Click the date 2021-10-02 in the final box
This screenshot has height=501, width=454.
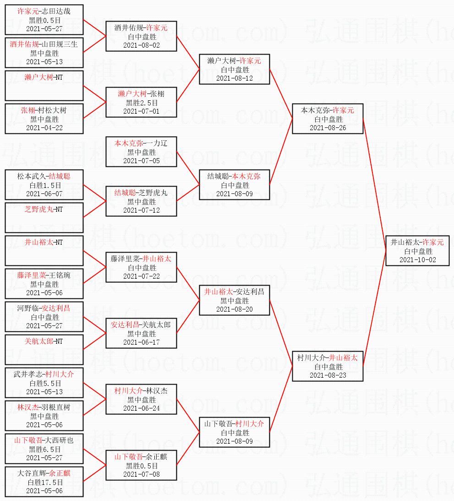(x=418, y=260)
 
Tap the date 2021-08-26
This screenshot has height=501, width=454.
(x=328, y=128)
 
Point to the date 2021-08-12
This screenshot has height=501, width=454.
(x=235, y=78)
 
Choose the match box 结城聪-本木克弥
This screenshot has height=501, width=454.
(x=235, y=185)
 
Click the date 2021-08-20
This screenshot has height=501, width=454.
(x=235, y=309)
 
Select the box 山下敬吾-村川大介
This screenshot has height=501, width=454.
(x=235, y=432)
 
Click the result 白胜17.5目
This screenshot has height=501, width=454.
(x=44, y=482)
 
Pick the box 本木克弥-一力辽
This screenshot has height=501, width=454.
(x=141, y=152)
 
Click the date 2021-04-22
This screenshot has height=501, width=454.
(x=44, y=128)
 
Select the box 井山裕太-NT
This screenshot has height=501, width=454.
(x=44, y=251)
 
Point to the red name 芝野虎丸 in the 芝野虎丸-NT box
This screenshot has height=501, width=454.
(x=39, y=209)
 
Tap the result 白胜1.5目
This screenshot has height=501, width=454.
(x=44, y=185)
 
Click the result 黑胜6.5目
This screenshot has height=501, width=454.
(x=44, y=449)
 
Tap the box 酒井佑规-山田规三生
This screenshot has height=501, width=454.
(x=44, y=53)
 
